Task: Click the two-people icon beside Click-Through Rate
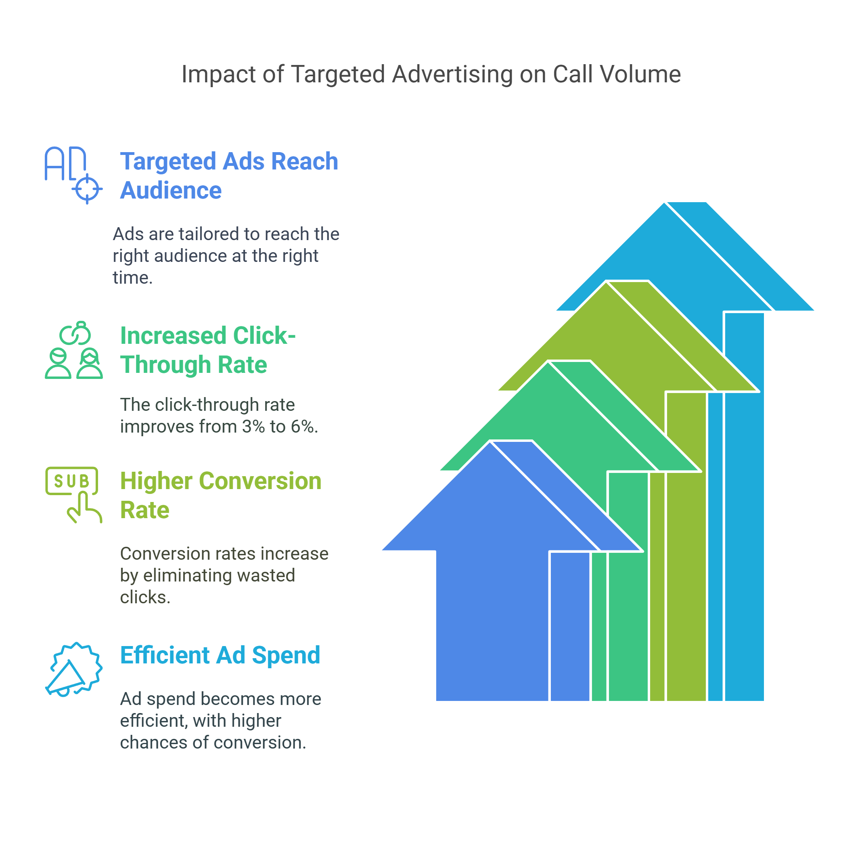click(74, 350)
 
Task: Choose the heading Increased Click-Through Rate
click(208, 350)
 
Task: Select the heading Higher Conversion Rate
click(221, 495)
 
